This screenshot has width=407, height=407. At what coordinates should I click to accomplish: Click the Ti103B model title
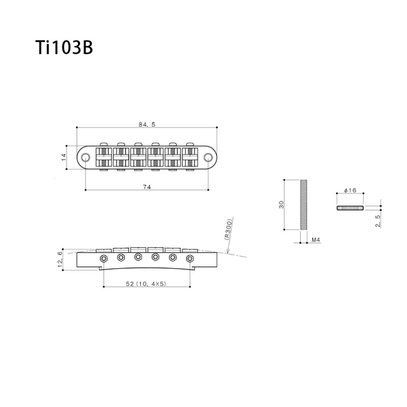pos(64,48)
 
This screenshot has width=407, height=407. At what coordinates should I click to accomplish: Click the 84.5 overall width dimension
pos(147,125)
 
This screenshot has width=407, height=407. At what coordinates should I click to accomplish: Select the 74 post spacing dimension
pos(147,187)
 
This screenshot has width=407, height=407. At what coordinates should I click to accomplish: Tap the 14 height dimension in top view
pos(63,157)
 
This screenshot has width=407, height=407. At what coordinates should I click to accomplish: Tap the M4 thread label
pos(315,241)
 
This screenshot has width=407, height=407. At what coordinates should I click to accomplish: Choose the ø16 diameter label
pos(350,190)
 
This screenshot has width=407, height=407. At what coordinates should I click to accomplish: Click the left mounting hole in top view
pos(85,158)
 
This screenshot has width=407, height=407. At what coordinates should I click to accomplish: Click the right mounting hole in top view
pos(208,158)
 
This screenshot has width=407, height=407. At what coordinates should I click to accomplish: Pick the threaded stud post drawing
pos(303,205)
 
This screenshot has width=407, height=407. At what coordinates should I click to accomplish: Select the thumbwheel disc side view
pos(350,208)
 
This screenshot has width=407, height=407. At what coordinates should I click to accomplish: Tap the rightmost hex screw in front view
pos(190,258)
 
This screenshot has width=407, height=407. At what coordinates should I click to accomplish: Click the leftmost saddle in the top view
pos(104,157)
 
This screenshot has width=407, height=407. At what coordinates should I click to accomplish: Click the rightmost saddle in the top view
pos(190,157)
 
